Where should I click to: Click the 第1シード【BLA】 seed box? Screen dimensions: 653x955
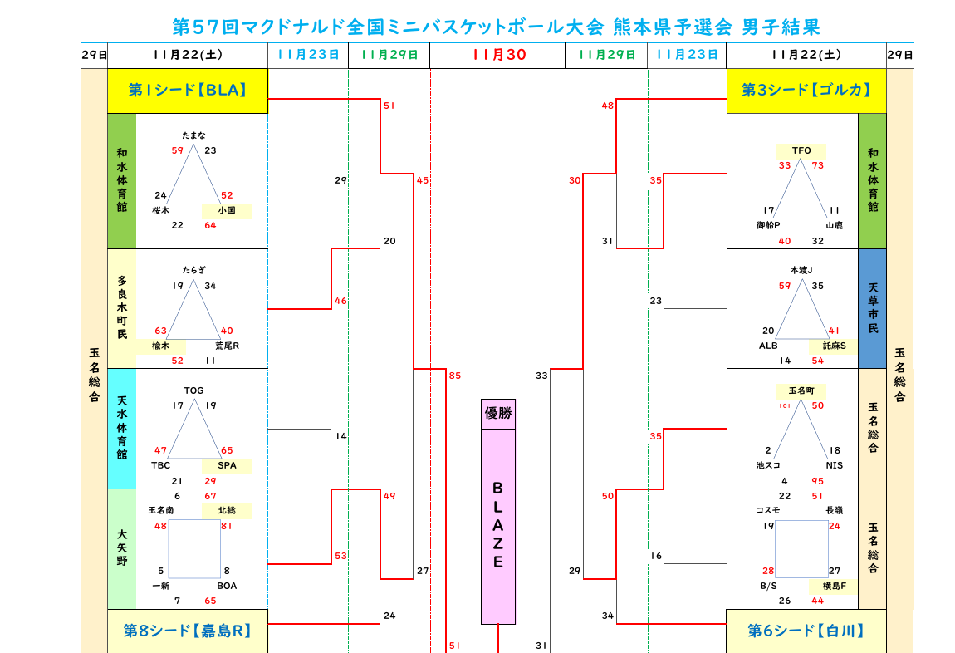point(187,91)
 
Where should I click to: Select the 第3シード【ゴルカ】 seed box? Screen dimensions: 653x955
point(806,91)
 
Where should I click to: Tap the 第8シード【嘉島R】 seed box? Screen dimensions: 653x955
point(187,631)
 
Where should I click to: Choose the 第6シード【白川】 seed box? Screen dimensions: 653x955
point(806,631)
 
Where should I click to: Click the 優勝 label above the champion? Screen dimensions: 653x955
point(498,414)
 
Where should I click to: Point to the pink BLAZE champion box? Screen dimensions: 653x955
point(498,525)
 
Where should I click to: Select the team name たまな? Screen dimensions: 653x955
point(193,135)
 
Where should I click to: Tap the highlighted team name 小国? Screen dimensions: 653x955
point(227,211)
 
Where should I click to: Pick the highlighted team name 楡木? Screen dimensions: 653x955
point(159,346)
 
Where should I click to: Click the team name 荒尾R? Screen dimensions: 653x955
point(227,346)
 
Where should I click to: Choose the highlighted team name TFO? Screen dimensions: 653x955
point(801,150)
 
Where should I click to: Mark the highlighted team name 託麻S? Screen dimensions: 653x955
point(833,346)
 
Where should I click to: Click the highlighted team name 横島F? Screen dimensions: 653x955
point(834,586)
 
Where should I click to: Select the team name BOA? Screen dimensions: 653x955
point(227,586)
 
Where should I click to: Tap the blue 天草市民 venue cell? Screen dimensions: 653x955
point(872,308)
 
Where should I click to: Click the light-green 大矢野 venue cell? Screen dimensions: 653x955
point(121,548)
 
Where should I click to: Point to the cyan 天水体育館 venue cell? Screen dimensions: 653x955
point(121,428)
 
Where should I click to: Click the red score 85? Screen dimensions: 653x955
point(455,376)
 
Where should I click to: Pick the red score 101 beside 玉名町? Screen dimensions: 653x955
point(785,405)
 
